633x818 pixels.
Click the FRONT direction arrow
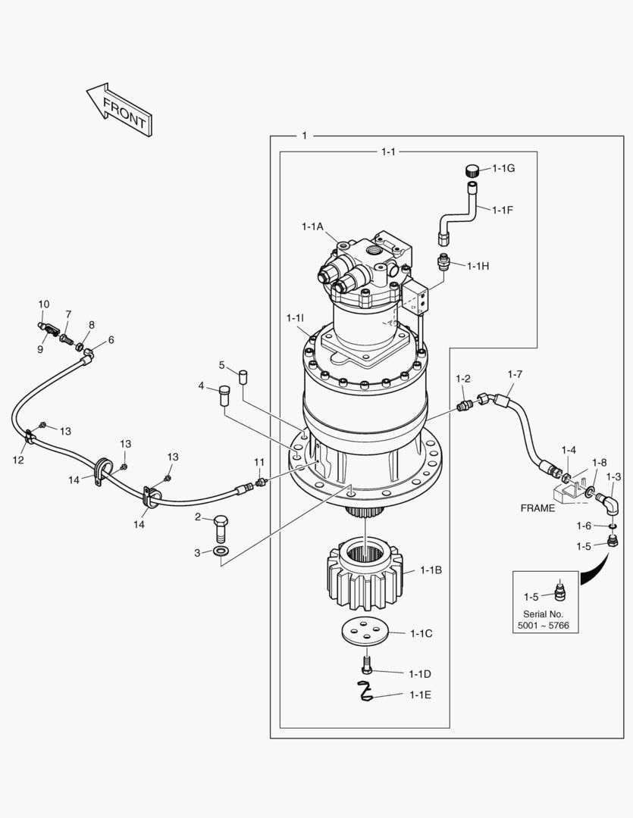click(120, 111)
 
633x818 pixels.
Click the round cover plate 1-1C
click(365, 632)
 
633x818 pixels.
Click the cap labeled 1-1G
click(472, 169)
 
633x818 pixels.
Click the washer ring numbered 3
click(221, 551)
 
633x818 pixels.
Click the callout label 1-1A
click(312, 226)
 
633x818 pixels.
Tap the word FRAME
click(537, 508)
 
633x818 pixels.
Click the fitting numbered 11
click(261, 482)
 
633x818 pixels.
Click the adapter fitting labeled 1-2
click(464, 406)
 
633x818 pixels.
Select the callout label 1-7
click(515, 374)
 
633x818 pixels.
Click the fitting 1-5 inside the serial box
click(560, 591)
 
